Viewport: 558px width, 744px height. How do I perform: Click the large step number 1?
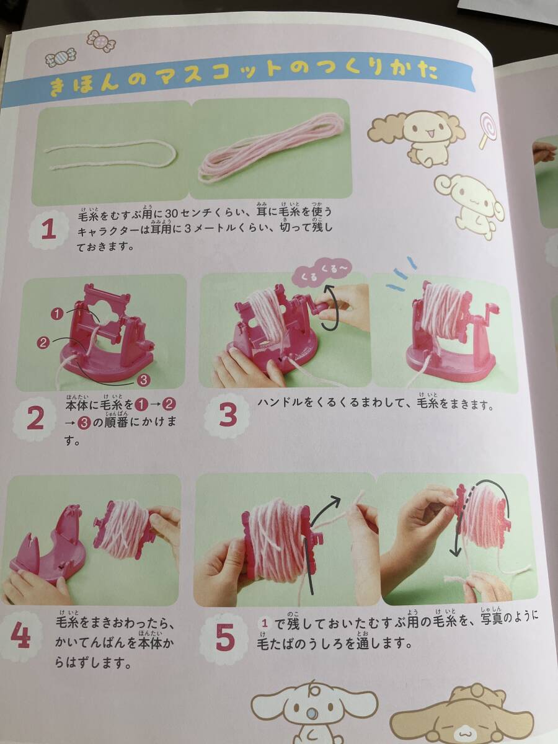pyautogui.click(x=48, y=230)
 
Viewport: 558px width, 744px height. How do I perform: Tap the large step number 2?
pyautogui.click(x=35, y=419)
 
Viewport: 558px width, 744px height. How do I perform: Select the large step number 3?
pyautogui.click(x=228, y=415)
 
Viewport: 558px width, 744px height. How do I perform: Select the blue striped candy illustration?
pyautogui.click(x=61, y=57)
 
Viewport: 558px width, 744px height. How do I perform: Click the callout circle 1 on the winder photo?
pyautogui.click(x=57, y=314)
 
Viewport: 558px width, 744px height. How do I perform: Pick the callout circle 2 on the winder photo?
pyautogui.click(x=43, y=343)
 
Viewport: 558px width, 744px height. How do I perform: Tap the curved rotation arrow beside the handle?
pyautogui.click(x=331, y=308)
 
